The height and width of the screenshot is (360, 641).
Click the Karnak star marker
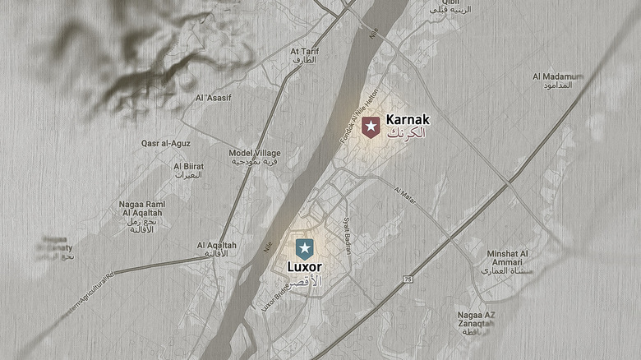click(x=371, y=127)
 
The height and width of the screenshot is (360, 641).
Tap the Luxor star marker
click(x=304, y=248)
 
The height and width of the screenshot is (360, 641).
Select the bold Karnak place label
click(x=408, y=119)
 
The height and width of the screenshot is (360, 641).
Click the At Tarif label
click(x=305, y=51)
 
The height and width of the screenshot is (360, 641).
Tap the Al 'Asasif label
click(x=213, y=99)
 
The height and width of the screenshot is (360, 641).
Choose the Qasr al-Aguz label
click(x=166, y=143)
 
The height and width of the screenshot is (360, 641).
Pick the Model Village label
click(x=255, y=154)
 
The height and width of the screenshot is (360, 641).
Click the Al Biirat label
click(x=188, y=166)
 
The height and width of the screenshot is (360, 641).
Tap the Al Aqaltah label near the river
click(x=217, y=246)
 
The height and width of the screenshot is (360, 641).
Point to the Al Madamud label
click(x=558, y=76)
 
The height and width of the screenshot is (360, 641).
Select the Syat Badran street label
click(x=347, y=235)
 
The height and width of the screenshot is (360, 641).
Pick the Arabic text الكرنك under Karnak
click(x=407, y=132)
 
